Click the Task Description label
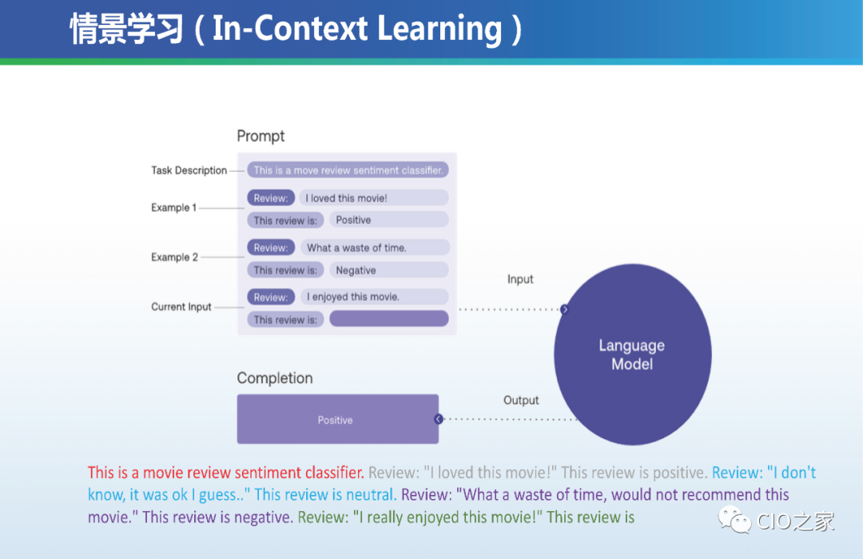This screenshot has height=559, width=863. click(189, 170)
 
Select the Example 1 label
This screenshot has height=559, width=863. click(173, 208)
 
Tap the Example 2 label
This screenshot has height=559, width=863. click(174, 258)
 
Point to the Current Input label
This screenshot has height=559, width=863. click(181, 307)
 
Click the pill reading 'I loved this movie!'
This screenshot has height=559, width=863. click(374, 198)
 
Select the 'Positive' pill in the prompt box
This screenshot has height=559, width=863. click(388, 220)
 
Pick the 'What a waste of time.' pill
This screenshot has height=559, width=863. click(374, 248)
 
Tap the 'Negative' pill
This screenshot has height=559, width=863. click(388, 270)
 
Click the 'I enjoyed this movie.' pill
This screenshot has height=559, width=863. click(374, 297)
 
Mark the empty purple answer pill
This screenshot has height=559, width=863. click(388, 319)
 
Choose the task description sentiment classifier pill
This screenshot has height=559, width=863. click(348, 170)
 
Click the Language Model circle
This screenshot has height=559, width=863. click(632, 355)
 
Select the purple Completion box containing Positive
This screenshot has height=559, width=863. click(338, 419)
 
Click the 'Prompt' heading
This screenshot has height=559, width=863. click(260, 136)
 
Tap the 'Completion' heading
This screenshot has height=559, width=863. click(275, 377)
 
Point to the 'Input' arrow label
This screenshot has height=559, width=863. click(520, 279)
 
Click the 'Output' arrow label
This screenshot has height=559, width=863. click(521, 401)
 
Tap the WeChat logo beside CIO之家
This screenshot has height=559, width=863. click(734, 519)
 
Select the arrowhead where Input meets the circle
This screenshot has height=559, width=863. click(564, 309)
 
